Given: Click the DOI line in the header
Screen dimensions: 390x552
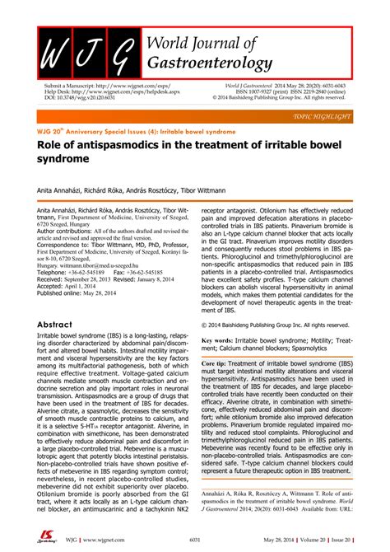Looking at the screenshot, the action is [x=80, y=96].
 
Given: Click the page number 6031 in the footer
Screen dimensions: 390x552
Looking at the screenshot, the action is [x=194, y=539].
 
